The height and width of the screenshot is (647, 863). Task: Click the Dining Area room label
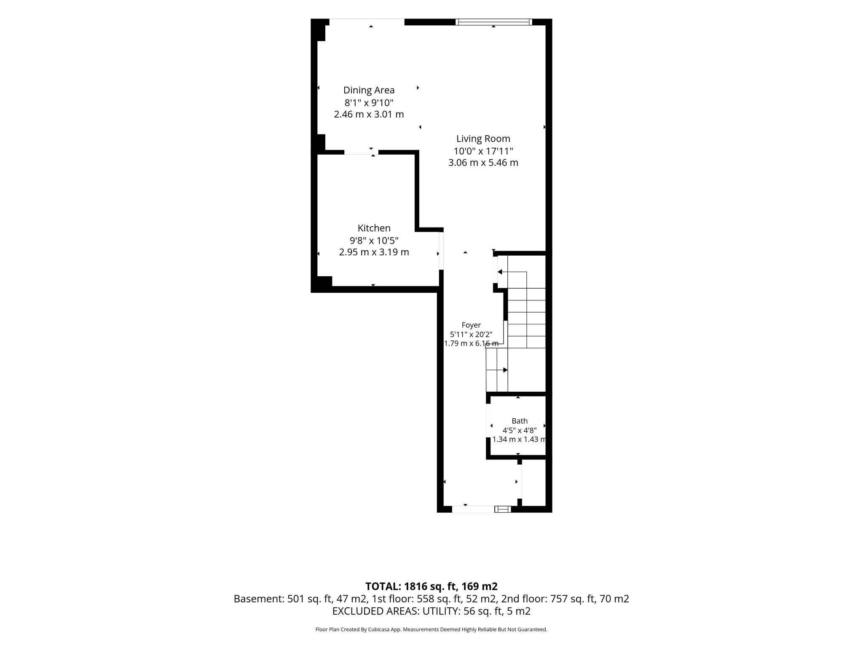369,90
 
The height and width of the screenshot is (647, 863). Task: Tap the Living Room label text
483,139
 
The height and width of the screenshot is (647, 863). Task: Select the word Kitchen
374,228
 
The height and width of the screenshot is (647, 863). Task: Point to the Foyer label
471,325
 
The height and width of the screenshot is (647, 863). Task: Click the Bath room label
520,421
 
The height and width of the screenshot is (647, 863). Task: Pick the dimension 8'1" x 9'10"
369,102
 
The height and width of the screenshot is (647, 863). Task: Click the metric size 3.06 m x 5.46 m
483,163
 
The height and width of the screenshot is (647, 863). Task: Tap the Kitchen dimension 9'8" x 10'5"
374,241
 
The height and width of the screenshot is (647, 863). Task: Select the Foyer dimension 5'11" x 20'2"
471,334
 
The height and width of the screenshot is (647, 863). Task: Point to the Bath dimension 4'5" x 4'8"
520,430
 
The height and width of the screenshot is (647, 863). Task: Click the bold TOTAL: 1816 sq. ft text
431,586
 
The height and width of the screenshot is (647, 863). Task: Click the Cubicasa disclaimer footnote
431,629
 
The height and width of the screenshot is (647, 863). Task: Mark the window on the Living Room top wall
493,22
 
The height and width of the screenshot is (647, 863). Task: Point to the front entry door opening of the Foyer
473,509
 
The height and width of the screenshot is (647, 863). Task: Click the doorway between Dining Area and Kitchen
361,152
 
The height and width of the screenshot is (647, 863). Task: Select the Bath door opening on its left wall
488,420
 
